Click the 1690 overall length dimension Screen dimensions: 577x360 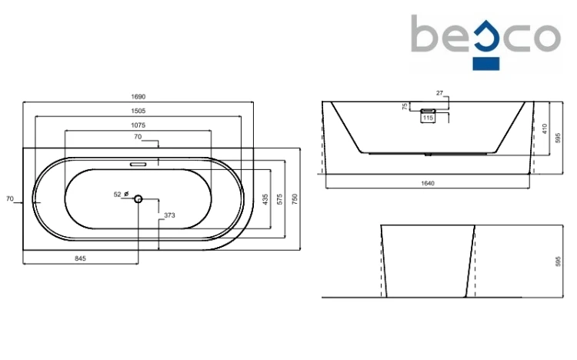click(x=138, y=97)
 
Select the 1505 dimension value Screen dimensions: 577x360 click(x=138, y=111)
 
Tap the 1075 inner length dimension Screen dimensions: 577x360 click(x=138, y=125)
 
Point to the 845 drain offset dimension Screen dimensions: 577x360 click(x=80, y=258)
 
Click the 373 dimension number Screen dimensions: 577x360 click(x=169, y=215)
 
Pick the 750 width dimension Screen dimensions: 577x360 click(x=295, y=199)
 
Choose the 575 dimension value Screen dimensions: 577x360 click(x=280, y=199)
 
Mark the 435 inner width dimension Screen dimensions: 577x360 click(x=265, y=199)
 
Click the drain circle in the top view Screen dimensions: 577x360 click(x=138, y=199)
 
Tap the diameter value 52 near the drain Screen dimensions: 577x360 click(x=118, y=195)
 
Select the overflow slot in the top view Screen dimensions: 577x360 click(x=138, y=164)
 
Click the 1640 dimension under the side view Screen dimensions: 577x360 click(x=428, y=183)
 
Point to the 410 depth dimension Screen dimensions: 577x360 click(x=545, y=128)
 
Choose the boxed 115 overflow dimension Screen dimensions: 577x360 click(x=428, y=118)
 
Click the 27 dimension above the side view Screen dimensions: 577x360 click(x=440, y=93)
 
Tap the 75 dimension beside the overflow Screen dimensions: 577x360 click(x=405, y=106)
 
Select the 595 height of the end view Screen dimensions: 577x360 click(x=558, y=262)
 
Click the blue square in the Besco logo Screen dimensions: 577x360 click(x=486, y=64)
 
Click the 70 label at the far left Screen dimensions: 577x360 click(x=9, y=198)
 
